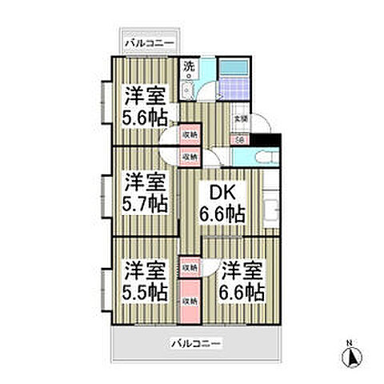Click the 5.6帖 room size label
click(x=145, y=116)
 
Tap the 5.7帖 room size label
click(x=145, y=203)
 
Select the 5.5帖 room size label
click(x=145, y=291)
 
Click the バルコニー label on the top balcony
click(x=148, y=43)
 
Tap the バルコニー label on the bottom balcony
click(x=196, y=344)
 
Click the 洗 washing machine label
click(x=190, y=66)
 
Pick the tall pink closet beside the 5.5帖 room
click(x=190, y=300)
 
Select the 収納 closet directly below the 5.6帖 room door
click(x=190, y=136)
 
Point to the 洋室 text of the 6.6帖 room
click(x=243, y=270)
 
